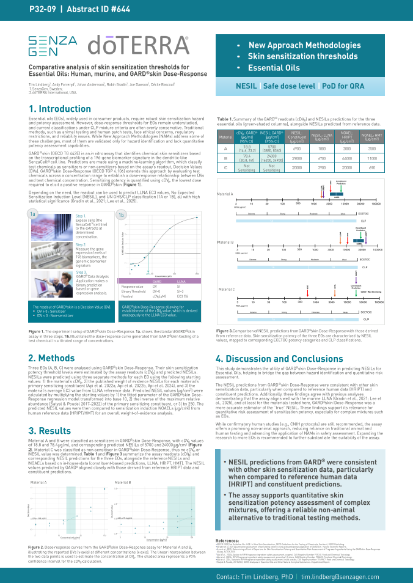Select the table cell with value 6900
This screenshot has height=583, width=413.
click(x=298, y=148)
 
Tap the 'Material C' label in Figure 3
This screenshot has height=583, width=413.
click(x=226, y=289)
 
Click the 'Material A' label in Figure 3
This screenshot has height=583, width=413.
click(x=225, y=194)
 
